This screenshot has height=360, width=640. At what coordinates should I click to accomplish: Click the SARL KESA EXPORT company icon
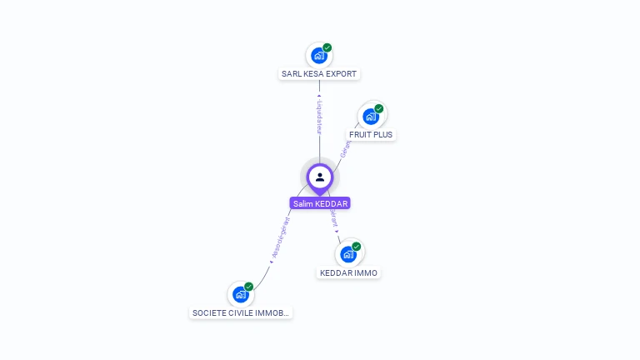coord(318,56)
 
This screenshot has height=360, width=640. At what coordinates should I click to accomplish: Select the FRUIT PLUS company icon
coord(371,117)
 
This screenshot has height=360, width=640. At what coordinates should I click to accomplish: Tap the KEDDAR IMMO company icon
coord(348,254)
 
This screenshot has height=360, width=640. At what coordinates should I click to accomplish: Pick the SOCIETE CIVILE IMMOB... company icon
coord(241,294)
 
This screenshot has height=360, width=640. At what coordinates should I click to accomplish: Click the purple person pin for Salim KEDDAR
coord(320,177)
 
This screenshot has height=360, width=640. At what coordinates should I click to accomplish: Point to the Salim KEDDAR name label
coord(320,203)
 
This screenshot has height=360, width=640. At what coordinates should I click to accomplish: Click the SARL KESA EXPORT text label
coord(319,74)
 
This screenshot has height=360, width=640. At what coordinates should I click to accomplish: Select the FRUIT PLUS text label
coord(371,134)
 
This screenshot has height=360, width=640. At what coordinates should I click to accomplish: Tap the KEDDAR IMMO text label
coord(349,272)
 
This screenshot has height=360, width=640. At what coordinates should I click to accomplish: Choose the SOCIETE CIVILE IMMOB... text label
coord(241,313)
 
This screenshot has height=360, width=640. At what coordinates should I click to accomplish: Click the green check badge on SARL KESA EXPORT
coord(327,47)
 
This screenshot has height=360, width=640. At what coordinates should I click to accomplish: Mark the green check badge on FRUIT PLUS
coord(379,108)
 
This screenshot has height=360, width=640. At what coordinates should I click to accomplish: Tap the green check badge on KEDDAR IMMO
coord(357,247)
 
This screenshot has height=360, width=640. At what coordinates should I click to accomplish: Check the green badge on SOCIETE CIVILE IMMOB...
coord(248,287)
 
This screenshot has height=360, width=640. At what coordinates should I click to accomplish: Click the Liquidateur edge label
coord(319,117)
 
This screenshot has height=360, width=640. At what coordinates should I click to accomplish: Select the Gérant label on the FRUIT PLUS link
coord(345,147)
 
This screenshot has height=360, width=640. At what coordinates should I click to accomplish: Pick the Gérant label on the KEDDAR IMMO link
coord(333,217)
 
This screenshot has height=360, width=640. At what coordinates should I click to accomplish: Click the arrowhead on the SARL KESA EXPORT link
coord(319,96)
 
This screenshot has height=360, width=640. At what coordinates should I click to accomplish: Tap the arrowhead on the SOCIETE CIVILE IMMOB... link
coord(271,262)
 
